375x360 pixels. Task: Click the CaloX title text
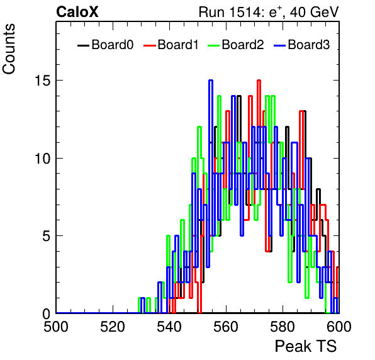point(77,12)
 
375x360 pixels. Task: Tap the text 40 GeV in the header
point(314,12)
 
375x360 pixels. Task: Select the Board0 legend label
point(113,45)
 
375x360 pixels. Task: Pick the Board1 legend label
point(178,45)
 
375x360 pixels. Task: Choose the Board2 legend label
point(243,45)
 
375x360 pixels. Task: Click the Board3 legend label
point(309,45)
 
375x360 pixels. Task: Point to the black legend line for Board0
point(84,45)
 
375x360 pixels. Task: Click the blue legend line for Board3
point(280,45)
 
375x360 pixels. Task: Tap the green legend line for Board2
point(213,45)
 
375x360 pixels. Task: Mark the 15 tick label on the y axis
point(43,81)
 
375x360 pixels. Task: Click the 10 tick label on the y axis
point(43,159)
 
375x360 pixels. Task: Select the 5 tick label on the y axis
point(47,236)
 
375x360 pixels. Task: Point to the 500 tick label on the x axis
point(56,327)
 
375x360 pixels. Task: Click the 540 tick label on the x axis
point(169,327)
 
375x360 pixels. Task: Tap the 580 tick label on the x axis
point(283,327)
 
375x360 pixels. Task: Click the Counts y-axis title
point(9,49)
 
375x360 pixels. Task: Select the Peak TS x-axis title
point(306,346)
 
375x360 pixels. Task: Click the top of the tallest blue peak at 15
point(210,81)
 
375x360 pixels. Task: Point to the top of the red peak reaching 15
point(259,81)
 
